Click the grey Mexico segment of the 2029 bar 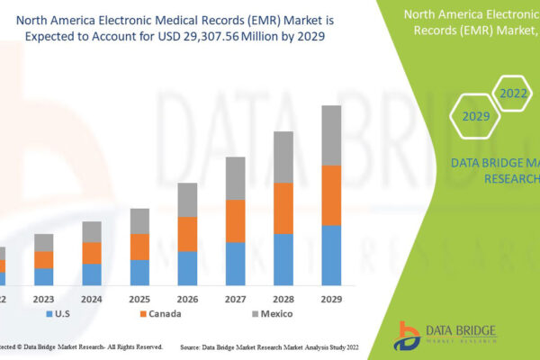[x=331, y=135]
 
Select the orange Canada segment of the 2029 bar [x=331, y=195]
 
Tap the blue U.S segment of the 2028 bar [x=283, y=259]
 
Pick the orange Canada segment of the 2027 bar [x=236, y=220]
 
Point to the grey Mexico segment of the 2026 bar [x=187, y=200]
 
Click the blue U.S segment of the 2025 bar [x=139, y=273]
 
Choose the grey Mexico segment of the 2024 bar [x=92, y=231]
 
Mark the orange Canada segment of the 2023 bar [x=44, y=259]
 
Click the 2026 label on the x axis [x=187, y=297]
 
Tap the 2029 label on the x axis [x=331, y=297]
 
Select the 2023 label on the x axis [x=44, y=297]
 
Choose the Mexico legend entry [x=274, y=314]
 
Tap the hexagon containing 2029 [x=476, y=116]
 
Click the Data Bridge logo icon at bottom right [x=408, y=335]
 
